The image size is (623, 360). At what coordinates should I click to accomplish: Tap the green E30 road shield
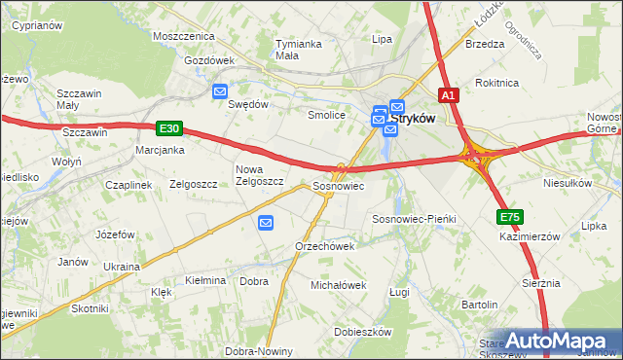click(x=167, y=127)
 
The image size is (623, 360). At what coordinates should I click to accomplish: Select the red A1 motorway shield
click(x=448, y=95)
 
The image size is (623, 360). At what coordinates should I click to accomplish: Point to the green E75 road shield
click(x=510, y=217)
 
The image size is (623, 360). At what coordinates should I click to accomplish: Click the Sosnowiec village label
click(x=338, y=185)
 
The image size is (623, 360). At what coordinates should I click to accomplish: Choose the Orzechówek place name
click(x=324, y=246)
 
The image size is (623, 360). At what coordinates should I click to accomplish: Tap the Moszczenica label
click(x=183, y=36)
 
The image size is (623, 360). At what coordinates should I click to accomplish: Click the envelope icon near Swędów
click(x=220, y=90)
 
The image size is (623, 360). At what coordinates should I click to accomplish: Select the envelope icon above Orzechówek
click(x=267, y=224)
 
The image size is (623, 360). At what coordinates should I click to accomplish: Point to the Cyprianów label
click(x=38, y=26)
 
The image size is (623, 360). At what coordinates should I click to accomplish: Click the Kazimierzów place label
click(x=531, y=236)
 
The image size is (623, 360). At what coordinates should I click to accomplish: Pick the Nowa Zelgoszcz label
click(x=259, y=175)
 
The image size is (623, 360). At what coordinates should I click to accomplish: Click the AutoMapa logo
click(x=559, y=341)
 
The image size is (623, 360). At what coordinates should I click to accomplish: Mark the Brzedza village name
click(x=485, y=44)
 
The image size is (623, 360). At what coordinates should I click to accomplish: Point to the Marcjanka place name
click(x=161, y=150)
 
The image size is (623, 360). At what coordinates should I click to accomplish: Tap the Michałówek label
click(x=337, y=285)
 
